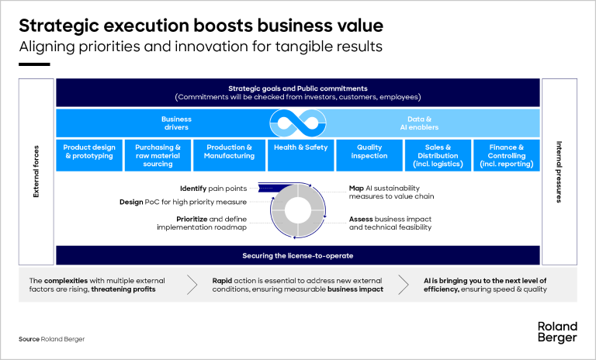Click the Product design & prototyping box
click(88, 154)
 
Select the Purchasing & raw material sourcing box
click(158, 154)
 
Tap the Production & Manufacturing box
click(228, 154)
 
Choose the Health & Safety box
click(300, 154)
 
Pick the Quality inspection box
click(369, 154)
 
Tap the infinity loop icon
click(298, 123)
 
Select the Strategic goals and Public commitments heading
click(298, 88)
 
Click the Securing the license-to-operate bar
click(298, 255)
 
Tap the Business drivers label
click(176, 123)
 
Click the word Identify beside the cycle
click(192, 189)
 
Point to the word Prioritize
click(192, 219)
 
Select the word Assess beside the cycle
click(362, 219)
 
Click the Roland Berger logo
click(557, 333)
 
